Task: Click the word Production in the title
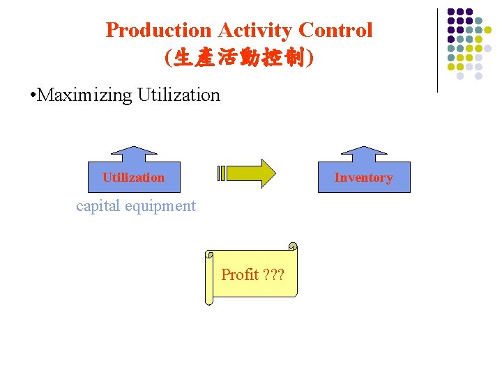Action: (158, 31)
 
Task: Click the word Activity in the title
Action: (254, 31)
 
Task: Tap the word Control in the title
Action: (335, 31)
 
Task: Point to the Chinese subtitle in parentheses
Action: (239, 58)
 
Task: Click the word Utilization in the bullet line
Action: (178, 95)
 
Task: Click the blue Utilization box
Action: (134, 178)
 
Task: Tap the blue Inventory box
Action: (363, 178)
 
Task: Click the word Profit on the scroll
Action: (240, 274)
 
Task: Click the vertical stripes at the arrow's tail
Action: (222, 173)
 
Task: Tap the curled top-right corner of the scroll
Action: (293, 246)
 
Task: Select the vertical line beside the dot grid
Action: (437, 50)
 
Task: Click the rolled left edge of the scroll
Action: (208, 279)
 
